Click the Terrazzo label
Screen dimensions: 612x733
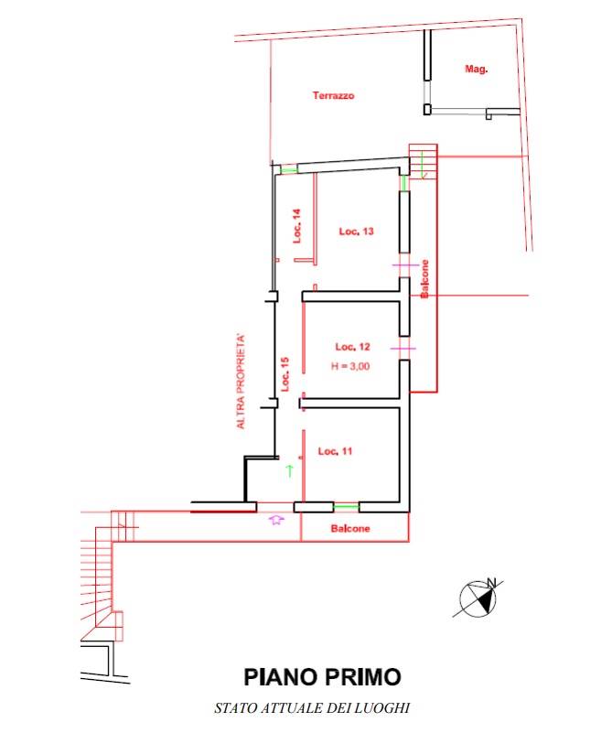[333, 96]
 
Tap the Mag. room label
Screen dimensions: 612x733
[476, 70]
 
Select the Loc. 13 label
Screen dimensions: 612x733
[357, 232]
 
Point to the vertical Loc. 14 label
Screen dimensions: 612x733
[297, 226]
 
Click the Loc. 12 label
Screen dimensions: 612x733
[353, 347]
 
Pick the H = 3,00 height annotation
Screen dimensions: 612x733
[350, 366]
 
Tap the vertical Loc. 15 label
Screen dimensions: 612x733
[285, 374]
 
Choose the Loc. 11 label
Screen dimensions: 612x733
[335, 451]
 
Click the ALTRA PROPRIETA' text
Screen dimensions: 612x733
[241, 381]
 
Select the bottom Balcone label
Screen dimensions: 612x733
[350, 529]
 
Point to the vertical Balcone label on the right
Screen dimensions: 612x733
[424, 279]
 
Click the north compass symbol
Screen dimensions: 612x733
[478, 598]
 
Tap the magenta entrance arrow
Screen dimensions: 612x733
[276, 519]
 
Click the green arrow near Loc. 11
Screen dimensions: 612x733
[290, 470]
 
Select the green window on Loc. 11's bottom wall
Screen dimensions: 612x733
[346, 507]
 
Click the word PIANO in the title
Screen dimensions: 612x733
[280, 677]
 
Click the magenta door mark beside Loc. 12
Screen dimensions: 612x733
[403, 349]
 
